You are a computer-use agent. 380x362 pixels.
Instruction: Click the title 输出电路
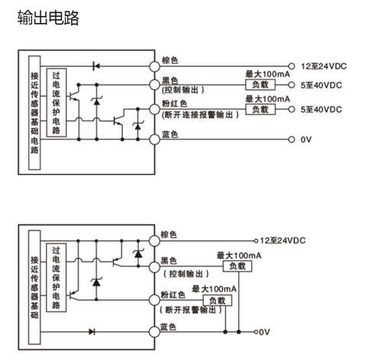[x=48, y=18]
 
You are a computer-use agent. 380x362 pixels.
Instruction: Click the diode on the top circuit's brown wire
[x=96, y=66]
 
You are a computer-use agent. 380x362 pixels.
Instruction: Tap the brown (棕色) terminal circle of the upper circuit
[x=154, y=66]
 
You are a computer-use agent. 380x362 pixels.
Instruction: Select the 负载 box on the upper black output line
[x=260, y=85]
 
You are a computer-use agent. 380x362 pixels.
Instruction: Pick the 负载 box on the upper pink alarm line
[x=260, y=109]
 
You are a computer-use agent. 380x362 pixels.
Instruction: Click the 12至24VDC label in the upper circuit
[x=324, y=66]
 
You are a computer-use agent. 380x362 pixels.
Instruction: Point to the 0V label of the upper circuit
[x=306, y=140]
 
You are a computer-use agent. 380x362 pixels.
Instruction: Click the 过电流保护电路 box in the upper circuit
[x=56, y=102]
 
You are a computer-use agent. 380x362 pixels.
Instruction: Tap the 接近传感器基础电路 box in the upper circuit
[x=34, y=113]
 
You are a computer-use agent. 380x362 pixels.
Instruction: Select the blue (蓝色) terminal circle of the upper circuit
[x=154, y=140]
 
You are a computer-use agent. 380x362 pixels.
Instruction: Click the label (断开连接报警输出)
[x=201, y=115]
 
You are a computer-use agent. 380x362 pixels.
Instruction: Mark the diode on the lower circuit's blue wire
[x=92, y=331]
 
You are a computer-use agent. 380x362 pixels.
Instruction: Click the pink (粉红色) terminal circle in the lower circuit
[x=154, y=300]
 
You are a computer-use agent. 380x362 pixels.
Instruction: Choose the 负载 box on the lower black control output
[x=237, y=267]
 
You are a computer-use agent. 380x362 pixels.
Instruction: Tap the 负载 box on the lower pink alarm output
[x=217, y=300]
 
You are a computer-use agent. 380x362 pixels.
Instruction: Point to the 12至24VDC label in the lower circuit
[x=282, y=241]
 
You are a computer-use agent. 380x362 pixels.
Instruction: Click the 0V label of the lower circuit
[x=264, y=332]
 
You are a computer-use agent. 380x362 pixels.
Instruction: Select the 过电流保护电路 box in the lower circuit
[x=56, y=277]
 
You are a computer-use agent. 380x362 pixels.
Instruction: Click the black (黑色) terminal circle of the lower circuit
[x=154, y=267]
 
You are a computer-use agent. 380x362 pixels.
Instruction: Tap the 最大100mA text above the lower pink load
[x=214, y=289]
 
